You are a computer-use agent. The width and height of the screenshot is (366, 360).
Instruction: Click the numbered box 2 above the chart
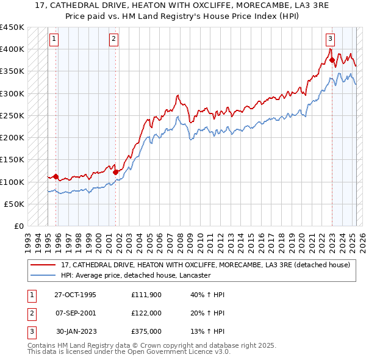tap(114, 39)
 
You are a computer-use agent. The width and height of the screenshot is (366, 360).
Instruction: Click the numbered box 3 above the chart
tap(330, 39)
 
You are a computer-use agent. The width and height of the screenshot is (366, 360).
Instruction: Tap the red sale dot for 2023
tap(332, 60)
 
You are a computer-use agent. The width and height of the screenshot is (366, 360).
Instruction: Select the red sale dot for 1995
tap(56, 177)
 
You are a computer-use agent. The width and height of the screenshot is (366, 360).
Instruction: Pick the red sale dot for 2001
tap(115, 172)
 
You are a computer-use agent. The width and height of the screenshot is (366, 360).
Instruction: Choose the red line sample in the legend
tap(43, 265)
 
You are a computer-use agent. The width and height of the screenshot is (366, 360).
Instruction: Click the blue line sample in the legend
tap(43, 275)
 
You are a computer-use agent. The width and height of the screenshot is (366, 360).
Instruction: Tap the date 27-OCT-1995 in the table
tap(75, 295)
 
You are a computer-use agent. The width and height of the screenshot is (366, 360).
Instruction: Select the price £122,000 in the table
tap(147, 313)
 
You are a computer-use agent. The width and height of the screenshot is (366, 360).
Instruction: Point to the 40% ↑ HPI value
tap(207, 295)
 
